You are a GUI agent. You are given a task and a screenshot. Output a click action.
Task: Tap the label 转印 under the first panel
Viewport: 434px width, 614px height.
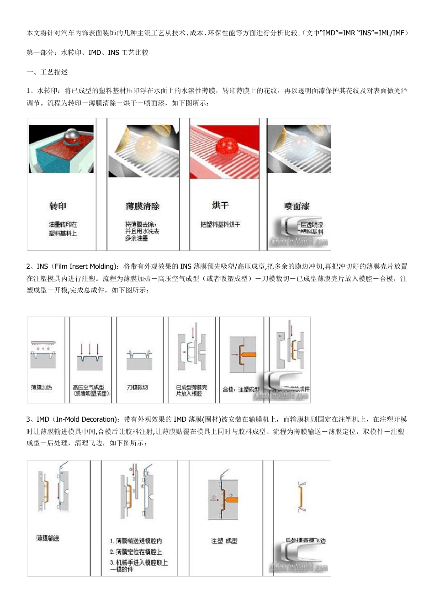tap(58, 206)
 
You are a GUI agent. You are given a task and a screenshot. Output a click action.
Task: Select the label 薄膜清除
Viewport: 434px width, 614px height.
tap(143, 206)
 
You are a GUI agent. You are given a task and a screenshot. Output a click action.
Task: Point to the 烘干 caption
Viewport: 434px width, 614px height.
tap(220, 205)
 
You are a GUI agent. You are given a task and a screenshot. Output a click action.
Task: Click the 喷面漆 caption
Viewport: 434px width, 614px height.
tap(296, 206)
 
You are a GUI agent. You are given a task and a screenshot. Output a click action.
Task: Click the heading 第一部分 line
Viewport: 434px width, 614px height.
tap(87, 53)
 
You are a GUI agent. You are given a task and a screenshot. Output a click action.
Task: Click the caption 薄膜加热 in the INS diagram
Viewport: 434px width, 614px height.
tap(42, 387)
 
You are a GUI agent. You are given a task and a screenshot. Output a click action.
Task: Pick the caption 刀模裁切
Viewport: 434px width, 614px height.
tap(137, 387)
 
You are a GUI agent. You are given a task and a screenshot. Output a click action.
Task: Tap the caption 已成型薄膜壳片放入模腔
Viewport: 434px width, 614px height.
tap(191, 390)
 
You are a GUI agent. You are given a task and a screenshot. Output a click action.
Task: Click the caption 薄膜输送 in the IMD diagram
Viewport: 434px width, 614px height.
tap(48, 539)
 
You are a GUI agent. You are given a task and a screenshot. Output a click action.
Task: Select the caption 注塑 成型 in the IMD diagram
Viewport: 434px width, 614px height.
tap(224, 541)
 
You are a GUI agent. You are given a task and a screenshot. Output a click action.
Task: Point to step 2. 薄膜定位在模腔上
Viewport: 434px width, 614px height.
tap(136, 552)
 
